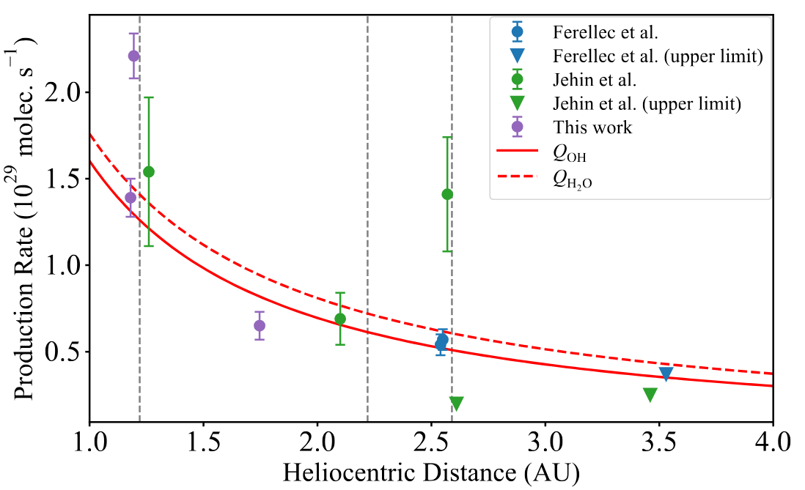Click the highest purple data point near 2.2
pos(133,56)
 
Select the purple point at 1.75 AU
pos(260,325)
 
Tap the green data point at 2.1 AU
pos(340,319)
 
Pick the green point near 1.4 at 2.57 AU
pos(447,194)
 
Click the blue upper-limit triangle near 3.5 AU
pos(666,374)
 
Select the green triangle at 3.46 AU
pos(650,395)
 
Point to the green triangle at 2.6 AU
pos(456,404)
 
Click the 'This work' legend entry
pos(592,127)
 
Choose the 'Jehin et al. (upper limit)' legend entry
pos(646,103)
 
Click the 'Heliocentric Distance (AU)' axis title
pos(431,472)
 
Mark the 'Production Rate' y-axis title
pos(26,220)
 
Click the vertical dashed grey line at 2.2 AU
pos(367,220)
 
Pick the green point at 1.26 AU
pos(149,171)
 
